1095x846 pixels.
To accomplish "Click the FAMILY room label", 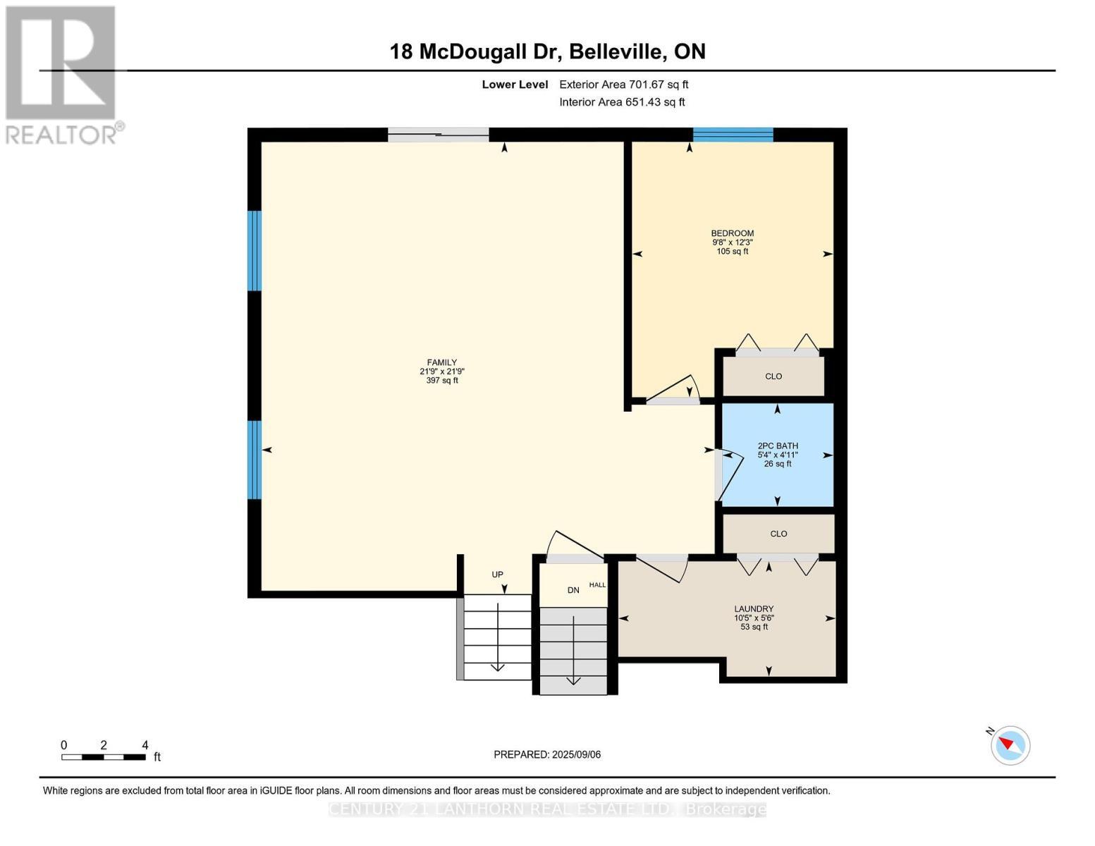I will coord(441,362).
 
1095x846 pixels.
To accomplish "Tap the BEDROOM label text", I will coord(732,233).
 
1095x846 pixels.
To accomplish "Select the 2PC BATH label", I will coord(778,446).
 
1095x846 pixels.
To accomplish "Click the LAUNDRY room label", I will coord(754,609).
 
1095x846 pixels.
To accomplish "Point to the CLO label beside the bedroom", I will coord(773,376).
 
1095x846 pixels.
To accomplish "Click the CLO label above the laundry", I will coord(778,534).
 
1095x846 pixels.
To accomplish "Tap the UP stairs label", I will coord(497,575).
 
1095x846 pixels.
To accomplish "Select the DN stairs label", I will coord(573,590).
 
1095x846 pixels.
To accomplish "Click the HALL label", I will coord(597,585).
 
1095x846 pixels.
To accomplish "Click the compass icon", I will coord(1010,745).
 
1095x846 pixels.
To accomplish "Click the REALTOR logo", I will coord(62,74).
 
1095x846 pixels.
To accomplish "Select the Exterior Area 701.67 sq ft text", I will coord(623,85).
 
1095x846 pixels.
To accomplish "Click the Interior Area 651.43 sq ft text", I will coord(622,102).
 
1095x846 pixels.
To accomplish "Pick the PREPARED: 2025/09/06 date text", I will coord(547,754).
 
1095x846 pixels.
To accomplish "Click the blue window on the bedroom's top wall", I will coord(733,135).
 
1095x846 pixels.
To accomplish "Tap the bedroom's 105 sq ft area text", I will coord(732,252).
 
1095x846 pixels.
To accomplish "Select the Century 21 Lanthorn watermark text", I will coord(547,809).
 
